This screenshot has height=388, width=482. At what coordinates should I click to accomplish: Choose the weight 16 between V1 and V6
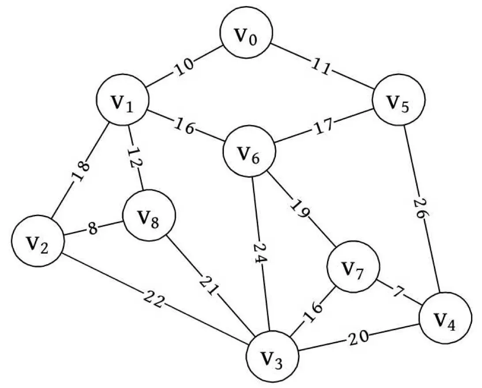coord(185,126)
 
